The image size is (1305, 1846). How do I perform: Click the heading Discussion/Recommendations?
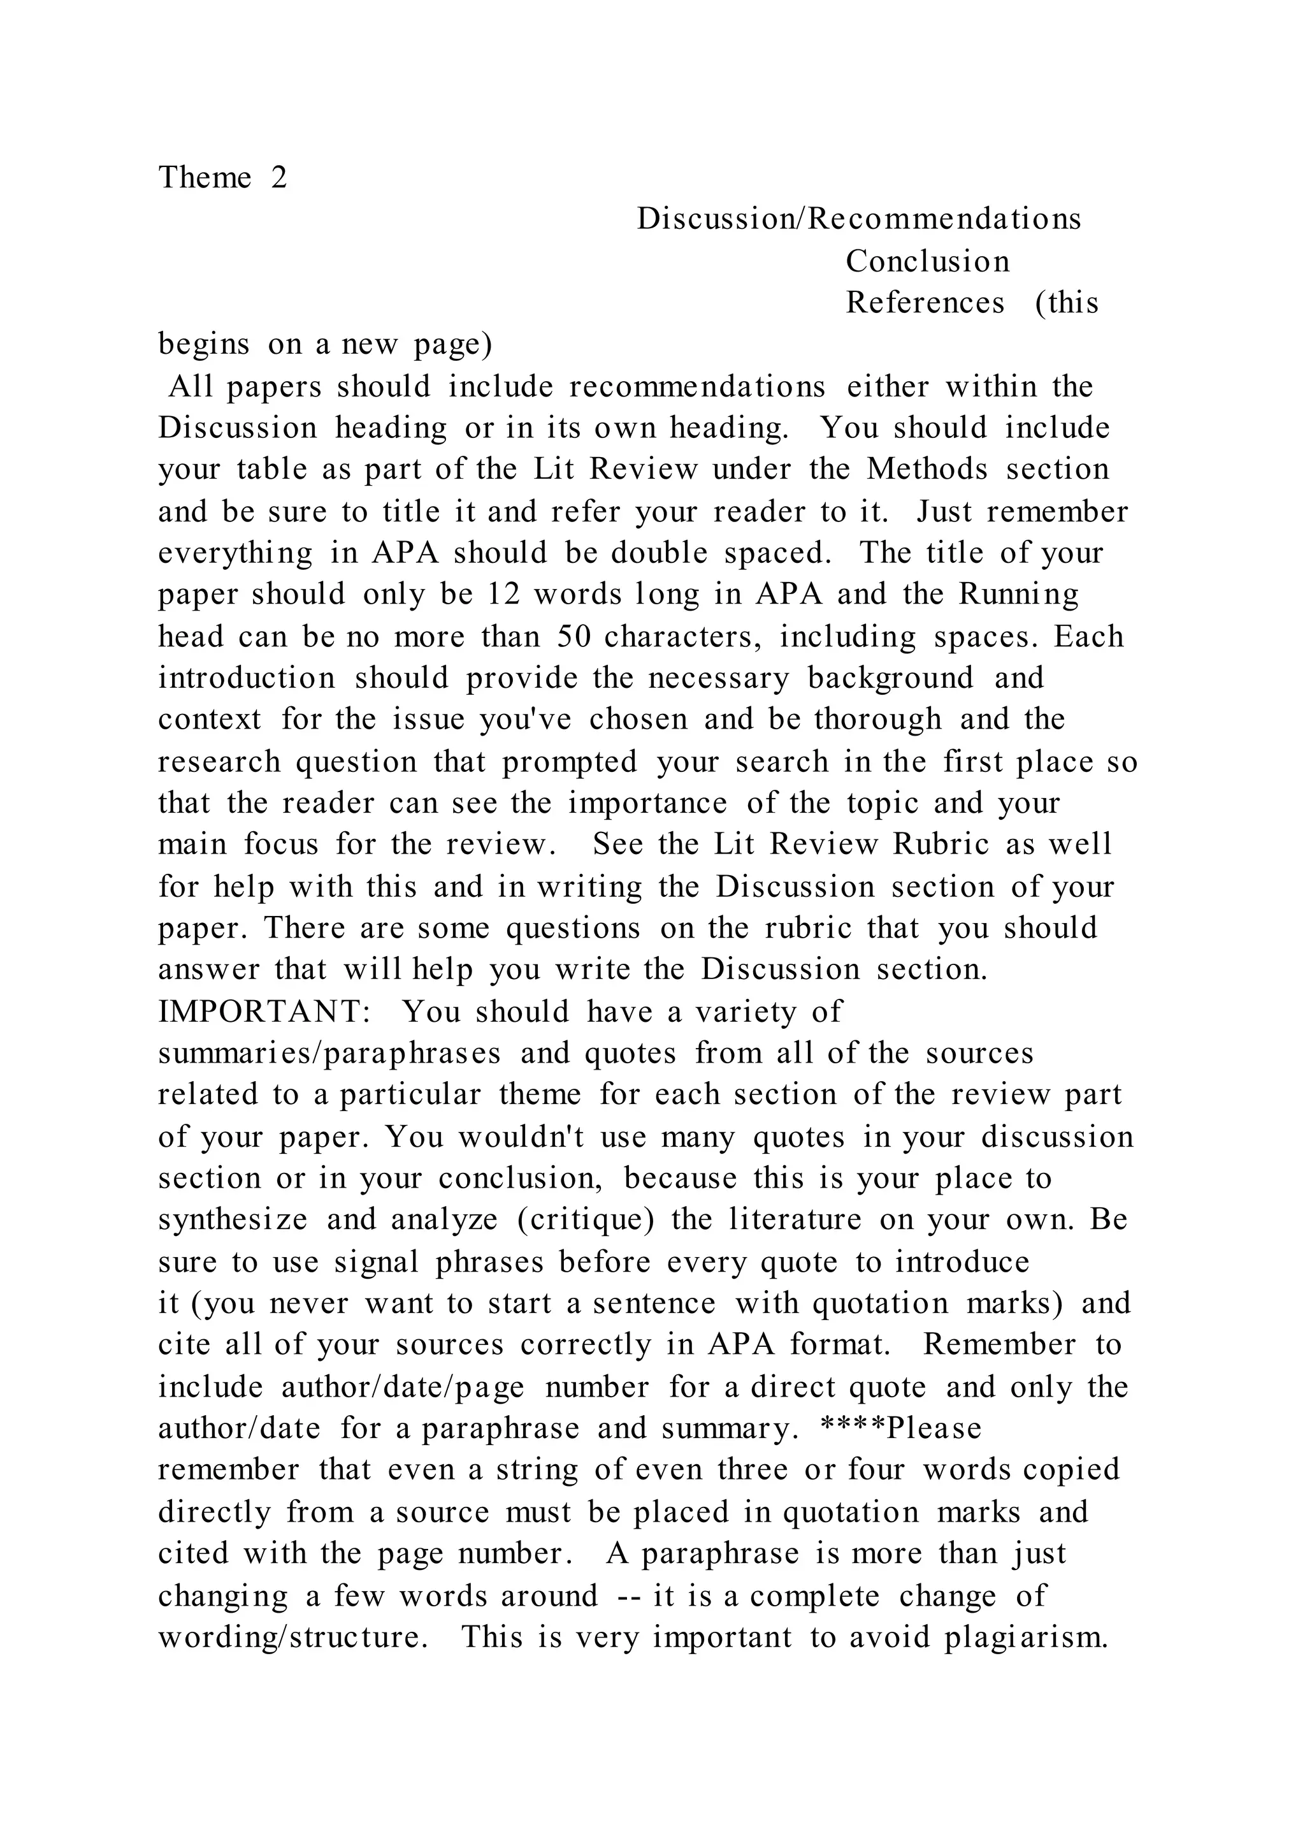859,219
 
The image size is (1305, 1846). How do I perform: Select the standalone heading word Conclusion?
927,261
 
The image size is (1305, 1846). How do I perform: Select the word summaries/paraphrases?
329,1053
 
